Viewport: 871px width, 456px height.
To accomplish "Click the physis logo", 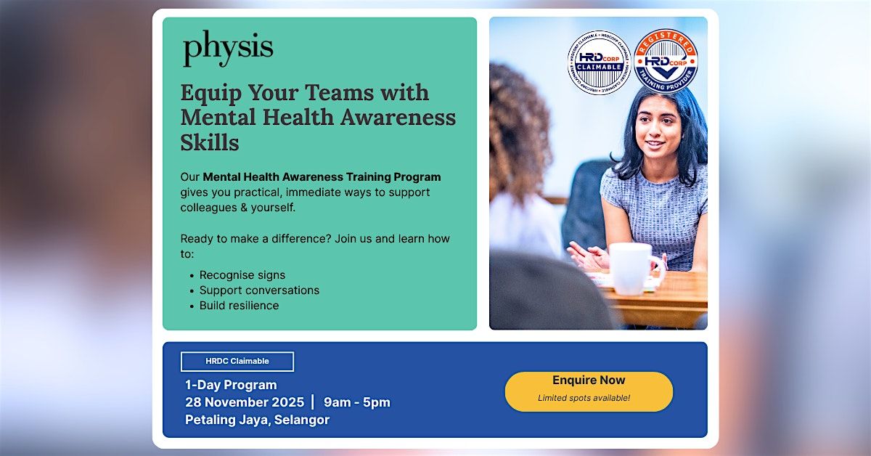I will point(228,49).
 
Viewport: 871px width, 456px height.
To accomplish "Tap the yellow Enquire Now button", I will point(589,391).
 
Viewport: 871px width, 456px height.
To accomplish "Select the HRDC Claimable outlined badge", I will point(237,361).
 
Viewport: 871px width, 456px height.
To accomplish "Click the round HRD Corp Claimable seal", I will point(599,63).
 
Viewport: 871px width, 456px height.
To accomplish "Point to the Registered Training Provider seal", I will point(666,61).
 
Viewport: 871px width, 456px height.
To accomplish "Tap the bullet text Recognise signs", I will point(242,275).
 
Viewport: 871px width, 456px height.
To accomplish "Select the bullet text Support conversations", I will point(259,290).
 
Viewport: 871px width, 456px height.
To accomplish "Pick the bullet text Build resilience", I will point(239,306).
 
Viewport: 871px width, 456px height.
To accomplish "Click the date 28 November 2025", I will point(245,402).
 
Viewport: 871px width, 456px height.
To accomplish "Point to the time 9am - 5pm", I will point(357,402).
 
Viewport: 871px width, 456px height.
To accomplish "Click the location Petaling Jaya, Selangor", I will point(257,420).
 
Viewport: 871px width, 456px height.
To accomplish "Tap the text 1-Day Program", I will point(231,385).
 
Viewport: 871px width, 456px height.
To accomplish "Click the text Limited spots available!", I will point(584,398).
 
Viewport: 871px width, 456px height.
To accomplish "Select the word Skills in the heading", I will point(210,142).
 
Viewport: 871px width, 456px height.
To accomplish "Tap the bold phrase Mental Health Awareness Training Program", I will point(322,177).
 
